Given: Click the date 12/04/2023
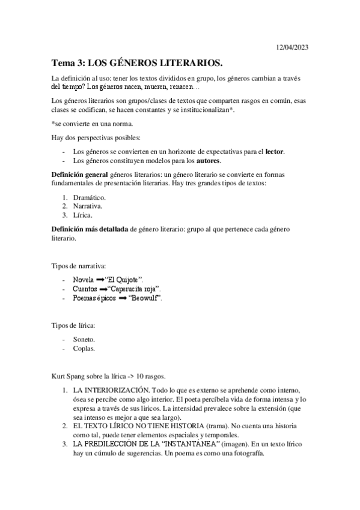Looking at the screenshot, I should [292, 47].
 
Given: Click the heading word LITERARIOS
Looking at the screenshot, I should [189, 63].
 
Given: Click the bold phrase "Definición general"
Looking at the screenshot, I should [81, 174].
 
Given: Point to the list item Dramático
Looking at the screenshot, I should [89, 197].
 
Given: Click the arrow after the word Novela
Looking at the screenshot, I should [100, 280].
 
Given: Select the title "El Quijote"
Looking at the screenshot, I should [124, 280].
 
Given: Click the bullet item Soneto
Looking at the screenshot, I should [84, 339].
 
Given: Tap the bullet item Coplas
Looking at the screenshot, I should [84, 348].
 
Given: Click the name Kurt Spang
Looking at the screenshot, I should [70, 376].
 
